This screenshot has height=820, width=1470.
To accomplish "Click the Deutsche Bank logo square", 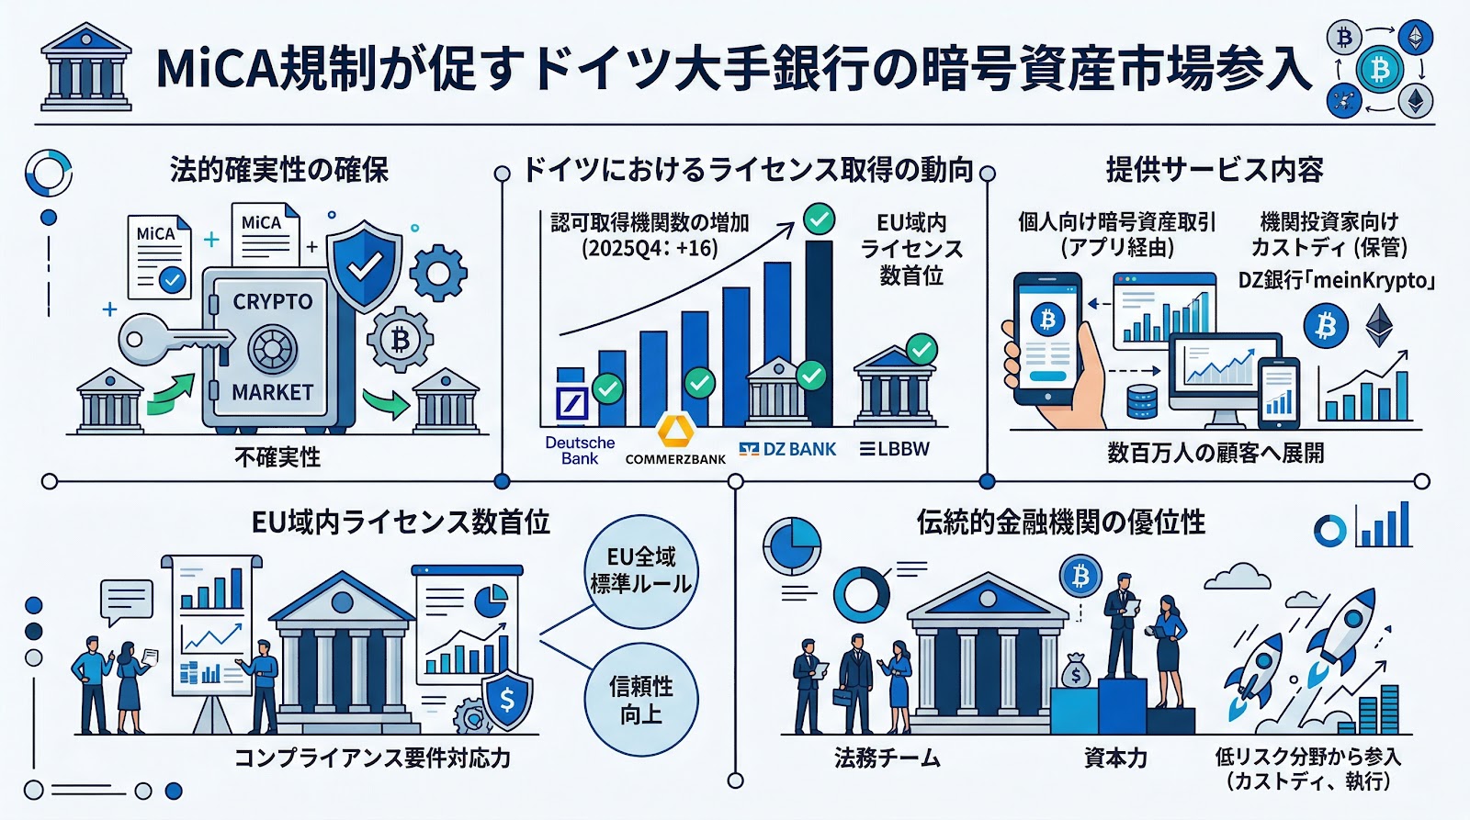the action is click(573, 404).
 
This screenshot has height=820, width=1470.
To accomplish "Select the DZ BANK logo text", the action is click(788, 449).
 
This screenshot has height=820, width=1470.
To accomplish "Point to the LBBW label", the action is click(895, 449).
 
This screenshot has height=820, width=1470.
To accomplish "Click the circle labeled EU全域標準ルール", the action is click(641, 570).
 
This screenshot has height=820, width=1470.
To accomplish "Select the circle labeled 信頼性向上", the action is click(641, 700).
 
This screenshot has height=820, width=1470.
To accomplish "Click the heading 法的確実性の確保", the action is click(279, 170).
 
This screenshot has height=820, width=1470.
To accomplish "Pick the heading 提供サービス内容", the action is click(1215, 170).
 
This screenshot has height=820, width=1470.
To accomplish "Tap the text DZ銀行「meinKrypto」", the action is click(1336, 280).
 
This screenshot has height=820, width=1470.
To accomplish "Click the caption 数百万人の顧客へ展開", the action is click(1216, 453).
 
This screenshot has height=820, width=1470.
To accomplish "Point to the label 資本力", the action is click(1115, 758).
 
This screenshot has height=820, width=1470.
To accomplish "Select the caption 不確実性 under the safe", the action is click(277, 457).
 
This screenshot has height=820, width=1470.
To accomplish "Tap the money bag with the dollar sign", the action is click(1075, 673).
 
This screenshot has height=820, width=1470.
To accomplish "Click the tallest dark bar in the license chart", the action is click(819, 331).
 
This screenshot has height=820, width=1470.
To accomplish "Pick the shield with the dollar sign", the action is click(506, 700).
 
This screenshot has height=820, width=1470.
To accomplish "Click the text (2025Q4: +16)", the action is click(650, 248).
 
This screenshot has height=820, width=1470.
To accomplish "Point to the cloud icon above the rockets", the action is click(1237, 577).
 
